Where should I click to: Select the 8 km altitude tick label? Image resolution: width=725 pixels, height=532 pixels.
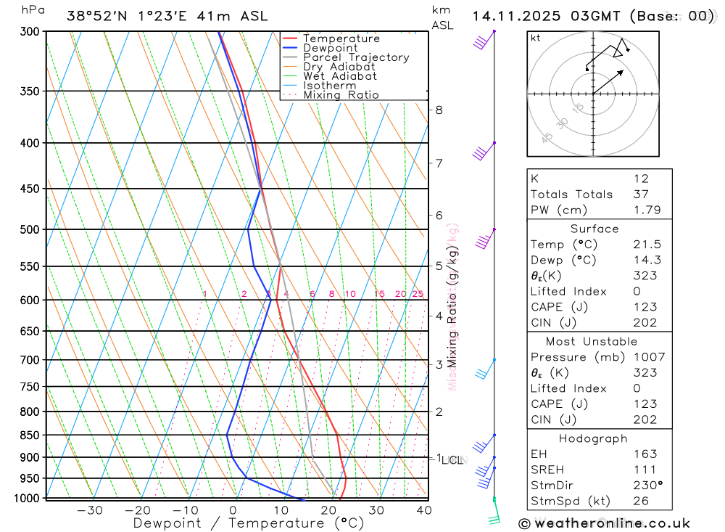(439, 110)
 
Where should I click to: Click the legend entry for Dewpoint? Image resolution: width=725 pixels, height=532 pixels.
(330, 48)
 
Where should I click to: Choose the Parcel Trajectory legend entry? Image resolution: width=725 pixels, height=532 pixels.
(355, 57)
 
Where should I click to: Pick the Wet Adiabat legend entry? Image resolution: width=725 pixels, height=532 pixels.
(339, 76)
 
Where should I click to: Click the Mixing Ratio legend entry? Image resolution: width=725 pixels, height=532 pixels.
(341, 95)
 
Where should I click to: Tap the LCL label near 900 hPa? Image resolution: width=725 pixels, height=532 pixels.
(452, 459)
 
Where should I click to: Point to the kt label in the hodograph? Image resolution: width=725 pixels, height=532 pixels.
(536, 38)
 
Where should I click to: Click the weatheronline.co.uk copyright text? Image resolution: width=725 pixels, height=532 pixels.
(604, 523)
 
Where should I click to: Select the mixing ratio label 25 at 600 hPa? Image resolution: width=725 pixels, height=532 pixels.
(418, 294)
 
